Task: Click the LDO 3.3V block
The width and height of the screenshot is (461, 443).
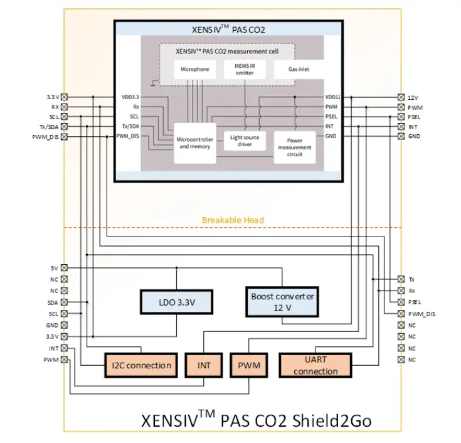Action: point(176,302)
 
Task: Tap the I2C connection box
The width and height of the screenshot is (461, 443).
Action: point(142,365)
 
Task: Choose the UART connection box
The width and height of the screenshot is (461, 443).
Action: point(315,365)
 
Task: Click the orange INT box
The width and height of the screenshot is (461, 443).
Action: point(204,365)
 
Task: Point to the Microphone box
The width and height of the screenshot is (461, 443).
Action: point(194,70)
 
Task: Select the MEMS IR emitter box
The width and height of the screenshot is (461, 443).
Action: point(245,70)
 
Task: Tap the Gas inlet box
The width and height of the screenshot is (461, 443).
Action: point(298,69)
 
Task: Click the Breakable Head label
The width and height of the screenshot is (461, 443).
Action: point(233,220)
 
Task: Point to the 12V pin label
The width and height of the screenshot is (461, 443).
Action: point(413,97)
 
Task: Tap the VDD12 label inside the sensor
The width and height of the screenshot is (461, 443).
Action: point(333,97)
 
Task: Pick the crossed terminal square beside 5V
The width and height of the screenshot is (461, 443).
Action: point(64,268)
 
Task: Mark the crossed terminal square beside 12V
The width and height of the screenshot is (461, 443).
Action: point(401,97)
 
